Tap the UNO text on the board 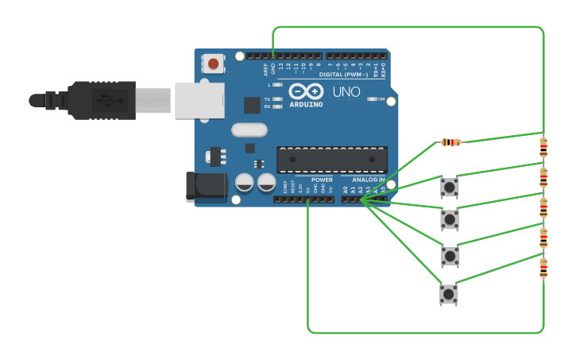(346, 92)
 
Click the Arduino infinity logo (306, 91)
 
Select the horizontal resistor (450, 142)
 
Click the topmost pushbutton (450, 187)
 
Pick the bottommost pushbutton (448, 294)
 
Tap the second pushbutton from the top (450, 219)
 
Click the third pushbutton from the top (450, 255)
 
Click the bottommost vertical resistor (543, 268)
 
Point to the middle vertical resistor (543, 208)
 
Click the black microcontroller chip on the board (332, 160)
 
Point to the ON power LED (371, 99)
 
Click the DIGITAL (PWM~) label (342, 74)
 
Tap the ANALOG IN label (369, 180)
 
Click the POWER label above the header (322, 180)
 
